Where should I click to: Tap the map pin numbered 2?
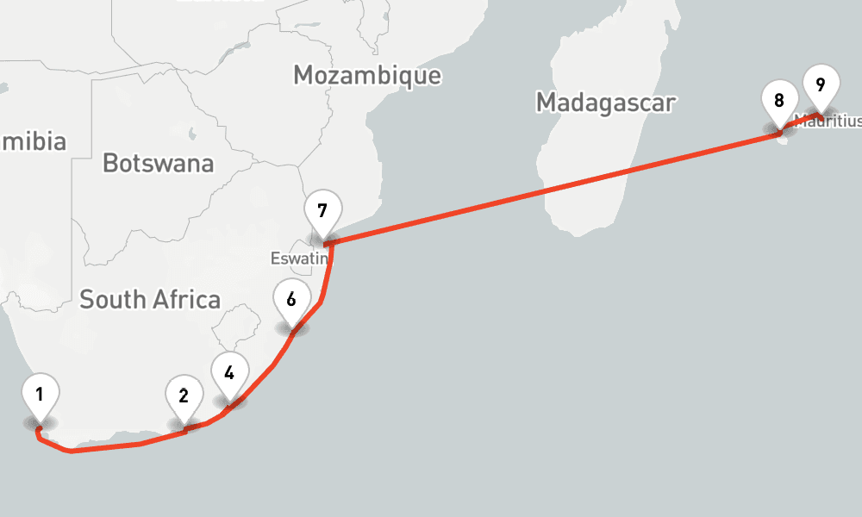pyautogui.click(x=184, y=397)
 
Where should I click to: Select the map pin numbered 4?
pyautogui.click(x=228, y=374)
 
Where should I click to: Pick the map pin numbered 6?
pyautogui.click(x=291, y=300)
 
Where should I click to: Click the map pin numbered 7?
pyautogui.click(x=322, y=211)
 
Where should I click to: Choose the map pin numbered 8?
pyautogui.click(x=779, y=101)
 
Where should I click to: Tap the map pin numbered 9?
pyautogui.click(x=820, y=85)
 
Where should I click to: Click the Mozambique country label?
pyautogui.click(x=367, y=75)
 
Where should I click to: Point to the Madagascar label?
pyautogui.click(x=605, y=103)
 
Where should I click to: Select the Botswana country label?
pyautogui.click(x=158, y=163)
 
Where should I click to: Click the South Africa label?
pyautogui.click(x=150, y=300)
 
